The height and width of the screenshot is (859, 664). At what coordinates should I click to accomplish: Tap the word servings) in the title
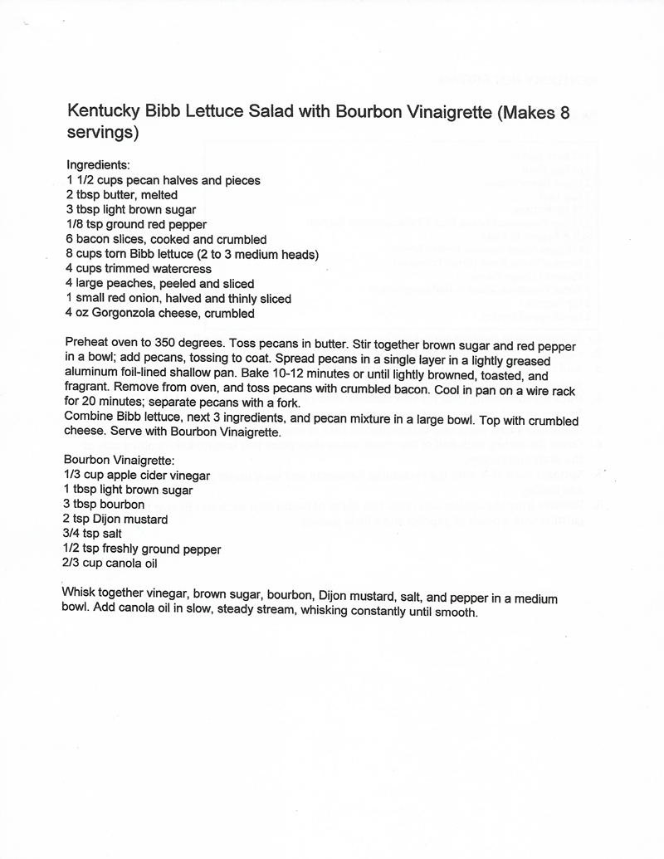pyautogui.click(x=101, y=132)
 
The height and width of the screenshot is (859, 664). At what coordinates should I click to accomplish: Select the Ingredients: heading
pyautogui.click(x=97, y=165)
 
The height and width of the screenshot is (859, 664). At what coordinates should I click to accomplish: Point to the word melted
pyautogui.click(x=159, y=195)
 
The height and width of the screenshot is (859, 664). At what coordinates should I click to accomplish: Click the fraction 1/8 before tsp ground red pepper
pyautogui.click(x=75, y=224)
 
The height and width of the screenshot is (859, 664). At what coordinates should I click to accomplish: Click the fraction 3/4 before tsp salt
pyautogui.click(x=73, y=534)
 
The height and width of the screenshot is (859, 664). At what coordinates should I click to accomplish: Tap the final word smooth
pyautogui.click(x=456, y=613)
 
